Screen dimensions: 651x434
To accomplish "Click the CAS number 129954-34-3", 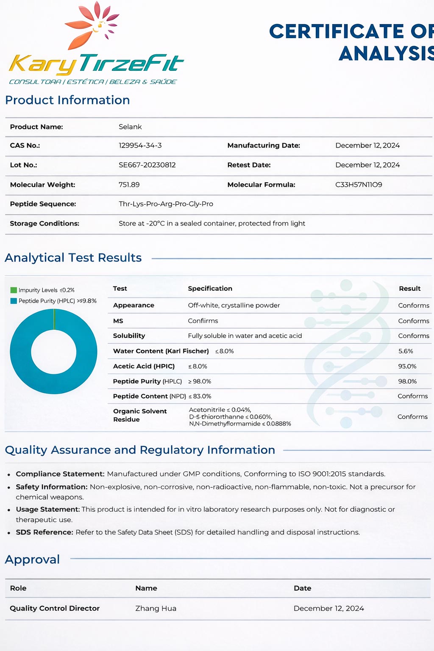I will click(x=140, y=145).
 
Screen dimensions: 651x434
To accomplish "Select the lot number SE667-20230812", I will click(x=147, y=165).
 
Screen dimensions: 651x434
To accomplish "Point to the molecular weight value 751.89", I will click(x=129, y=185).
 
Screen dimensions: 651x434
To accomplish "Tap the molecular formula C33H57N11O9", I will click(x=359, y=185).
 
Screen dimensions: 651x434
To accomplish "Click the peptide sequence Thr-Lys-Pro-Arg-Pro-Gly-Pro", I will click(x=166, y=204).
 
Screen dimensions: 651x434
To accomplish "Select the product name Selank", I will click(x=130, y=127).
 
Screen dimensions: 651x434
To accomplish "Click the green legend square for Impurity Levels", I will click(x=14, y=290).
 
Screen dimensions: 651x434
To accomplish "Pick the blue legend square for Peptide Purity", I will click(x=14, y=301).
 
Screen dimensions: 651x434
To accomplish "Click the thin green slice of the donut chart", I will click(x=54, y=319).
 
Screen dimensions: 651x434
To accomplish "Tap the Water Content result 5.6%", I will click(x=406, y=351).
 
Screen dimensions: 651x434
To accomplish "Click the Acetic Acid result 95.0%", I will click(x=407, y=366).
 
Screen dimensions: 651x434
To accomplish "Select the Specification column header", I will click(x=210, y=289).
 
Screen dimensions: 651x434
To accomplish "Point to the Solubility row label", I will click(x=129, y=336).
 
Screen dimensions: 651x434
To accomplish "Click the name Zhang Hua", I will click(x=156, y=608).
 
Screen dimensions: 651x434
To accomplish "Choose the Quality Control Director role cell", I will click(x=55, y=608).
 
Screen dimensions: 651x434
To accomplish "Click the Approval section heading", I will click(x=32, y=559).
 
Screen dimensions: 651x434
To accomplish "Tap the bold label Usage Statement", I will click(x=47, y=509).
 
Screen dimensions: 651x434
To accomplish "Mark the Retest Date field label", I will click(x=249, y=165).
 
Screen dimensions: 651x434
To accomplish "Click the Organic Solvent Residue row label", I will click(x=139, y=415).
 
